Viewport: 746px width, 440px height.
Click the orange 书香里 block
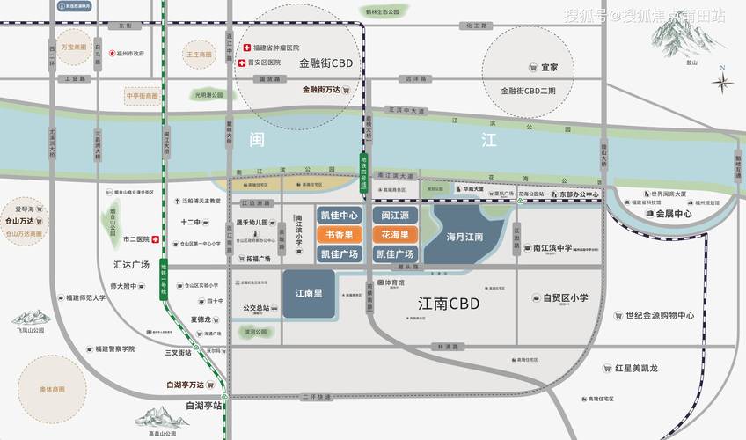[340, 234]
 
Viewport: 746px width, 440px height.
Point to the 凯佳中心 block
[340, 216]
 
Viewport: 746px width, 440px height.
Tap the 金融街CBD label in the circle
[325, 63]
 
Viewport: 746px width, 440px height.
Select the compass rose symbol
[723, 84]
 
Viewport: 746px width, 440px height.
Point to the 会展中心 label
[674, 213]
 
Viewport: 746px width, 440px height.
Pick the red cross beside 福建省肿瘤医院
[247, 48]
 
